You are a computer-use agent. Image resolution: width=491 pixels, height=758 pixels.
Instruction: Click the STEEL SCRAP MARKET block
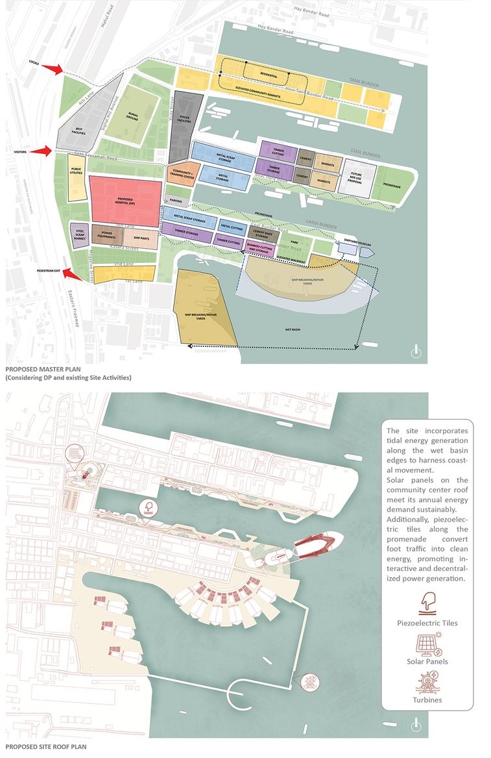[x=80, y=233]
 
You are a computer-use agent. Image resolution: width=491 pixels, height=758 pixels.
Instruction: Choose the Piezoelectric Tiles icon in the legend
[x=426, y=601]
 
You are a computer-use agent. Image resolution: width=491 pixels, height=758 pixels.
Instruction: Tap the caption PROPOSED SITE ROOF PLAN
[x=45, y=748]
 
